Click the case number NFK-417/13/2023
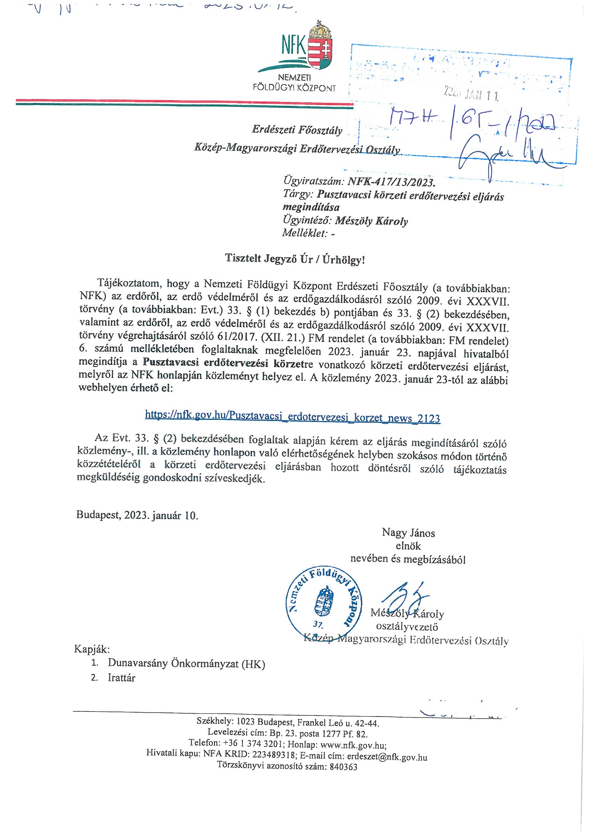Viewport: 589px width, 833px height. click(x=391, y=182)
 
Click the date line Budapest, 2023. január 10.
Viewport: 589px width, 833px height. click(x=137, y=516)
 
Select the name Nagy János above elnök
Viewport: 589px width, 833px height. click(x=408, y=533)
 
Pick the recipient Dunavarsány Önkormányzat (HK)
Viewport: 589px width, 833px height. click(x=186, y=663)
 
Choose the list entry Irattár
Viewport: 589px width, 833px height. click(x=121, y=678)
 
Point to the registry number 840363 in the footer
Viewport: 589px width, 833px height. click(x=342, y=767)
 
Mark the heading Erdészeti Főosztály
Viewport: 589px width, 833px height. click(x=296, y=130)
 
